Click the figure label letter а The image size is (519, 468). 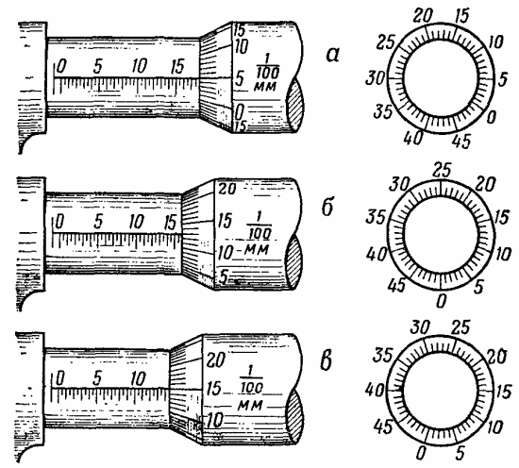(x=332, y=55)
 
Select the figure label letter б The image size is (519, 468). (x=328, y=208)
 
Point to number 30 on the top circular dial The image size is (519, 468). (x=376, y=78)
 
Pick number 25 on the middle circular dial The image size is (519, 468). (x=442, y=170)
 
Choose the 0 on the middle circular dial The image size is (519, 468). (x=442, y=301)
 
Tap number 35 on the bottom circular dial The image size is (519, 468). (x=382, y=356)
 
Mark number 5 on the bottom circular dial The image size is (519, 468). (x=460, y=454)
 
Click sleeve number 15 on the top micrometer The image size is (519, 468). (x=177, y=66)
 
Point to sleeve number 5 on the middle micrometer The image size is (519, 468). (x=98, y=222)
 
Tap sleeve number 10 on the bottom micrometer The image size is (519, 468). (x=139, y=378)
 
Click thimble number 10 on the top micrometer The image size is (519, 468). (x=241, y=46)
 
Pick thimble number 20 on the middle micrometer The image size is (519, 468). (x=226, y=189)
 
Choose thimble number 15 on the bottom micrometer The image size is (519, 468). (x=213, y=388)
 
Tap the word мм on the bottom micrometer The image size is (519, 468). (x=250, y=405)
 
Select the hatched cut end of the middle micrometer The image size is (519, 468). (x=294, y=262)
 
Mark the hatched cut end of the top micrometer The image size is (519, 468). (x=294, y=105)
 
